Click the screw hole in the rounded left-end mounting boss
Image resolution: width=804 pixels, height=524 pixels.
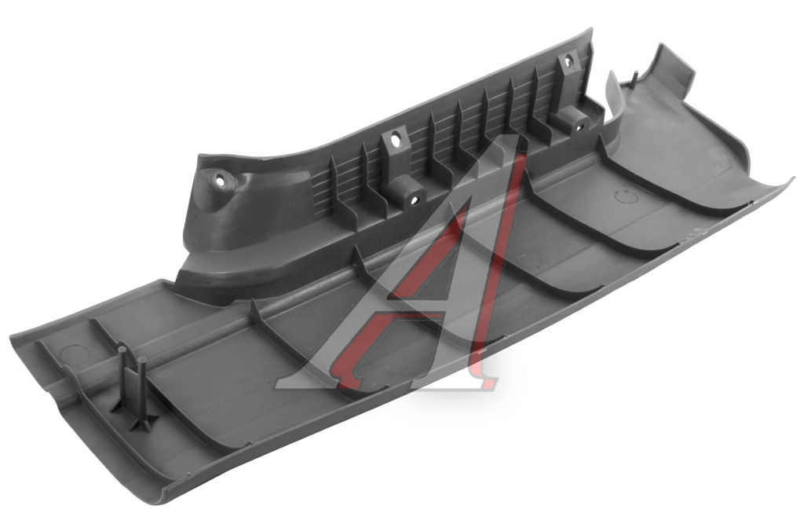(x=221, y=181)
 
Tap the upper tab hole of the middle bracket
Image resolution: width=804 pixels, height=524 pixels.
(x=395, y=140)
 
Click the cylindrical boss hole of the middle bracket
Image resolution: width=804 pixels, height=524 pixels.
(x=413, y=200)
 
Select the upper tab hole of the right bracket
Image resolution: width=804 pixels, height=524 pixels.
(x=568, y=62)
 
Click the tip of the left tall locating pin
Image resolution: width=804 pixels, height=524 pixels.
(x=122, y=350)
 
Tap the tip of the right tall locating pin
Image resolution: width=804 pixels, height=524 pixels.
(x=142, y=360)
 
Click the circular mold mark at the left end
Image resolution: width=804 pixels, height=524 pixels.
(x=72, y=354)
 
